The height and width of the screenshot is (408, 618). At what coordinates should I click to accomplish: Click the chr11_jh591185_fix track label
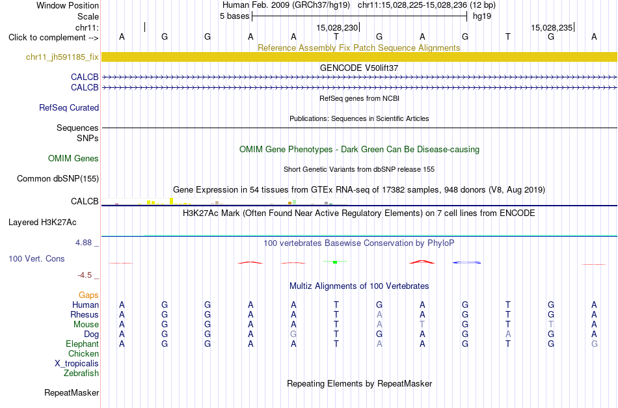[x=62, y=57]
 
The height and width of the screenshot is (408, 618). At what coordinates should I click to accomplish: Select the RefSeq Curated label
[x=69, y=107]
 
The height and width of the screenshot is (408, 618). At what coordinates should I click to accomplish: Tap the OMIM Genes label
[x=74, y=159]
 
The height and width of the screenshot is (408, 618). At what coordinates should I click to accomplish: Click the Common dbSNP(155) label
[x=58, y=178]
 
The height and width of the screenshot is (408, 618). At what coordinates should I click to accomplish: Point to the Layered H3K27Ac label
[x=42, y=223]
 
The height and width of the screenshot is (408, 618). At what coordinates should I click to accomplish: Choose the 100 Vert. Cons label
[x=36, y=258]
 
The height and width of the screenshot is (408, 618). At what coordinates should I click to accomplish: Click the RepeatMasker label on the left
[x=72, y=392]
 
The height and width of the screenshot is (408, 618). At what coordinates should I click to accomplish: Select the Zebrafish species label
[x=81, y=373]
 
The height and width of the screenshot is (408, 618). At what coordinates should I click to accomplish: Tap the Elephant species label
[x=83, y=344]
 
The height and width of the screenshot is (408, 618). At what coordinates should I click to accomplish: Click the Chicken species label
[x=83, y=353]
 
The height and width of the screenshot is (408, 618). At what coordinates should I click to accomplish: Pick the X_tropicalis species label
[x=77, y=364]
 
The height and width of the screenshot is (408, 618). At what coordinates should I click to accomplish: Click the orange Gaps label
[x=88, y=295]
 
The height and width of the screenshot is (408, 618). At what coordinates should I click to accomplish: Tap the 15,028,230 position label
[x=337, y=27]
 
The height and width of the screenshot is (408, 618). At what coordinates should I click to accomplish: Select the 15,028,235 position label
[x=552, y=27]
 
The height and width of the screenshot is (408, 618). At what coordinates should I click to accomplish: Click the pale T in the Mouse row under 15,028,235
[x=551, y=325]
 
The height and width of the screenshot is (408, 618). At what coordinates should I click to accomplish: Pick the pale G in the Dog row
[x=293, y=334]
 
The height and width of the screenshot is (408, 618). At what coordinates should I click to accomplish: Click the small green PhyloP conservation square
[x=335, y=262]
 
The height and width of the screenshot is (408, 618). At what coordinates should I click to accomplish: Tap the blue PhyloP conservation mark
[x=466, y=262]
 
